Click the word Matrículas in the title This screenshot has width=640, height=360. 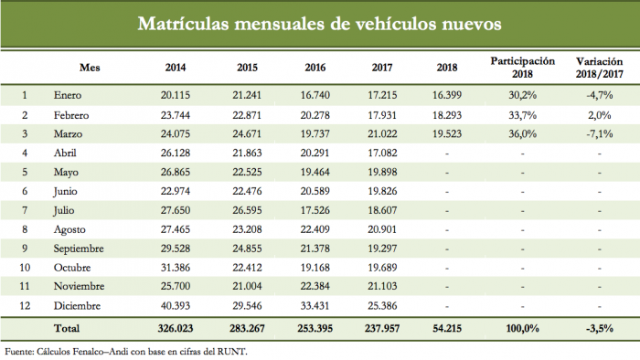point(183,24)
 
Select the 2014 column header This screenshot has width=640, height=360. point(176,68)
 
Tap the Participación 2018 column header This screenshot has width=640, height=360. point(522,68)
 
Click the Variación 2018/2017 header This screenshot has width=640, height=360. point(599,68)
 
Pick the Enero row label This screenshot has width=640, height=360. point(68,95)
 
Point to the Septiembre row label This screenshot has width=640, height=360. point(79,249)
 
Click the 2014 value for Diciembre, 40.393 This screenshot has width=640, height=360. point(176,306)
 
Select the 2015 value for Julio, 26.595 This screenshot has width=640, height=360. point(247,210)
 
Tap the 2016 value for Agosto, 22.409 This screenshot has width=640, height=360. point(315,229)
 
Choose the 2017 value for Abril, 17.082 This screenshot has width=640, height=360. point(382,153)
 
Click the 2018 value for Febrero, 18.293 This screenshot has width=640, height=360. point(447,115)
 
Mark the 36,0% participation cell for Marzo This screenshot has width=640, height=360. point(522,134)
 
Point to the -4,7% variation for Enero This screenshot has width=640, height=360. point(600,95)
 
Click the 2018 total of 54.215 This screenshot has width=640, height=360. point(447,328)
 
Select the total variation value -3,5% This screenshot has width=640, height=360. point(600,329)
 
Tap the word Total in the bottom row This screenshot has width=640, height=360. point(67,328)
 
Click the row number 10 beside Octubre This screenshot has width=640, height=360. point(25,268)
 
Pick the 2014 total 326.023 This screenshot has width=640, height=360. point(176,328)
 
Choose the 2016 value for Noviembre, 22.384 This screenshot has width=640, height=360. point(315,286)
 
